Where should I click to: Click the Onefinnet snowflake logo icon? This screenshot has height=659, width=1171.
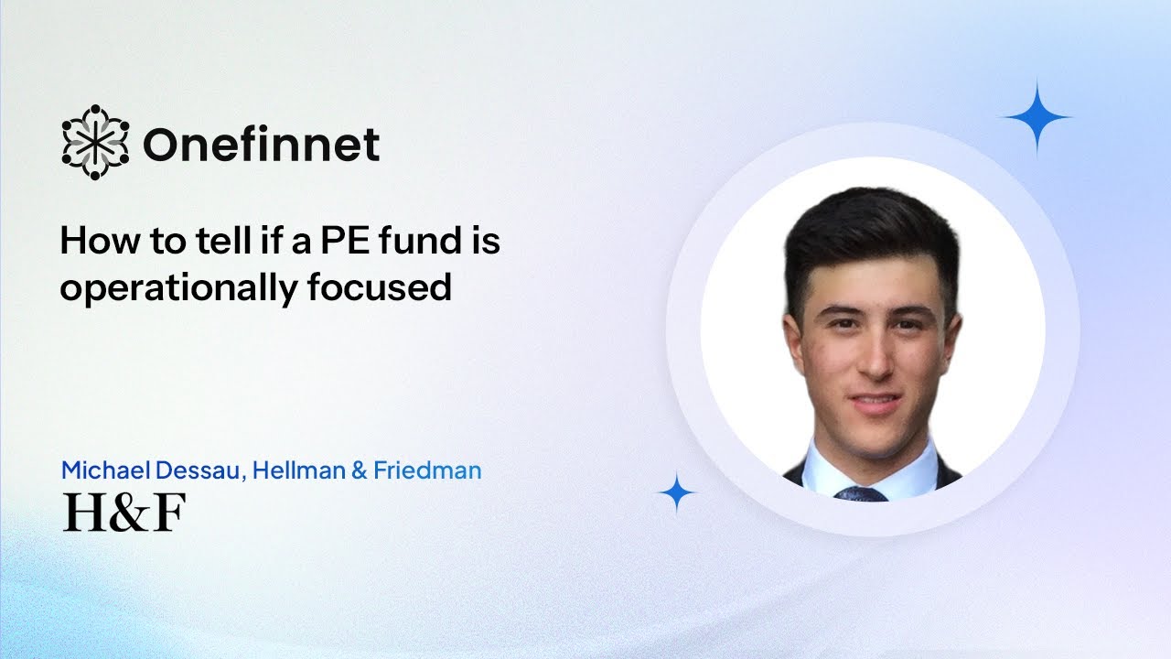click(95, 142)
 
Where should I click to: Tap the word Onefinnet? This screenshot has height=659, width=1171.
click(261, 144)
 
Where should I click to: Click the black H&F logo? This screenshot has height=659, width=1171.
click(124, 512)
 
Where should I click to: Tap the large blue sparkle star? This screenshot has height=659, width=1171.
click(1037, 116)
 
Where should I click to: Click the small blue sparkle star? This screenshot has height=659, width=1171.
click(677, 493)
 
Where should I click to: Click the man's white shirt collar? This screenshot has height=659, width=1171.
click(828, 467)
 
